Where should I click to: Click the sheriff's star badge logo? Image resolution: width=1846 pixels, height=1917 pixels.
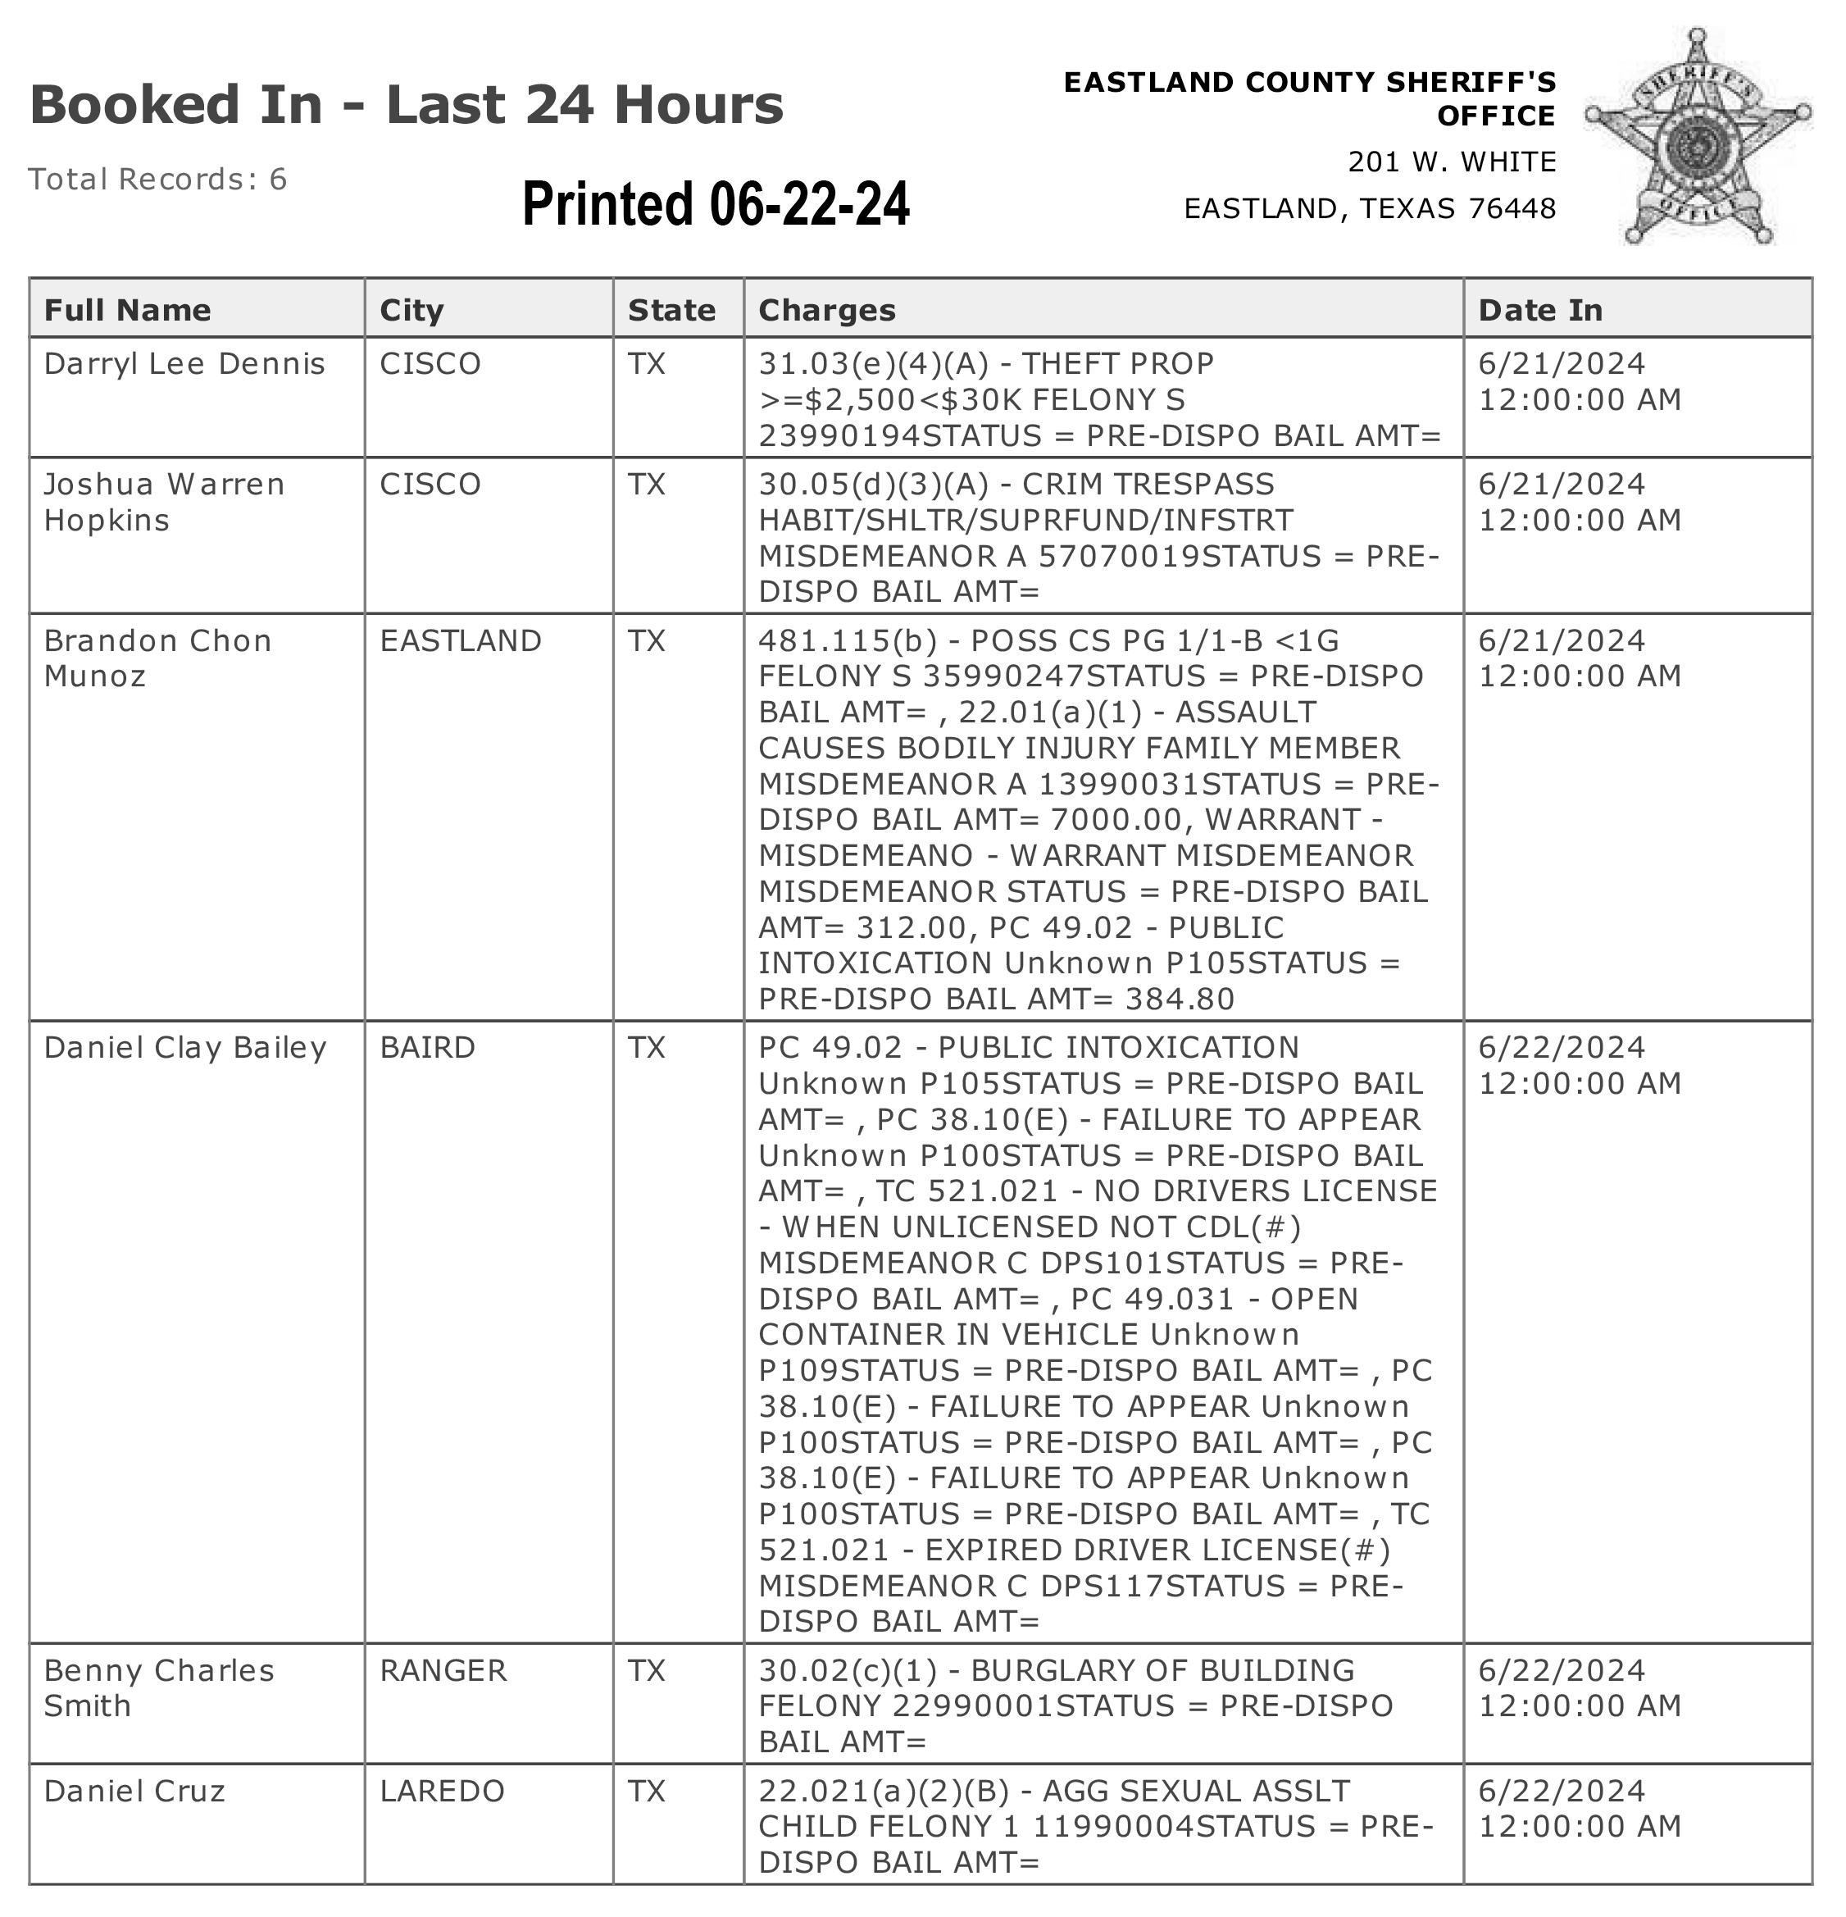coord(1698,137)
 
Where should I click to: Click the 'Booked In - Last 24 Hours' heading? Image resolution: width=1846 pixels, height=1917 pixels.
coord(407,105)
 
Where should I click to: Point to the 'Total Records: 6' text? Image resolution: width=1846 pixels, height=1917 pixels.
coord(157,179)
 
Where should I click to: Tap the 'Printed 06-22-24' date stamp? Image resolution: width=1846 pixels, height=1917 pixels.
coord(716,203)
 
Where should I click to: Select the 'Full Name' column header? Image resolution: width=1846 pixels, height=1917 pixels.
coord(127,310)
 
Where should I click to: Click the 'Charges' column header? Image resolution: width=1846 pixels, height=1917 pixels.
coord(827,310)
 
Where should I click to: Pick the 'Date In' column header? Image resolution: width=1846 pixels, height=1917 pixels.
coord(1540,310)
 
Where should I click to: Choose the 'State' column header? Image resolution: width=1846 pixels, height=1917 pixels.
coord(671,310)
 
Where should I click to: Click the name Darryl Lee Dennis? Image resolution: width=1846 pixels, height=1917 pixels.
coord(184,364)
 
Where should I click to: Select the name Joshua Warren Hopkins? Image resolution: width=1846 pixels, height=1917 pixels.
coord(164,502)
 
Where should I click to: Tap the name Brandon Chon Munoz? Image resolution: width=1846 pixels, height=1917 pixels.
coord(157,658)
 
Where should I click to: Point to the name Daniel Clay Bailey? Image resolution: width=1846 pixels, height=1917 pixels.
coord(184,1048)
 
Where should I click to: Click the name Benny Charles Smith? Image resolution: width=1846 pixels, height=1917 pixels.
coord(159,1687)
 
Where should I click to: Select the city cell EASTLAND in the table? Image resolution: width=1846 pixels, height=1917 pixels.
coord(461,640)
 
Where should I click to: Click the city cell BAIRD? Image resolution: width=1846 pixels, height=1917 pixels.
coord(427,1048)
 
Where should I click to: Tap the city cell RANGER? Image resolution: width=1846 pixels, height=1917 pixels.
coord(443,1670)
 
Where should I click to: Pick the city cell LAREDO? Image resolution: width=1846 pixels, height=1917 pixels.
coord(442,1791)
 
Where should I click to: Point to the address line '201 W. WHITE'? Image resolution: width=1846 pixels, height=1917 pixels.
coord(1451,162)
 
